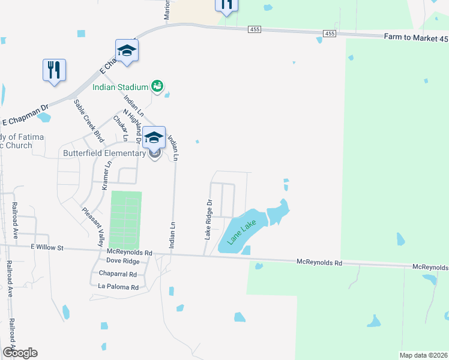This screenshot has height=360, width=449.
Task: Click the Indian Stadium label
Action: pyautogui.click(x=120, y=86)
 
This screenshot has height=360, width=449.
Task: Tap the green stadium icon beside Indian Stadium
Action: pyautogui.click(x=157, y=86)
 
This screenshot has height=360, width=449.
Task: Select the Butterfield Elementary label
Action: pyautogui.click(x=104, y=153)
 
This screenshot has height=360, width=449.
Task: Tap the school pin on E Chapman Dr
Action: pyautogui.click(x=127, y=51)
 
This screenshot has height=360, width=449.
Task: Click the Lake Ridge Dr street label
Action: pyautogui.click(x=209, y=220)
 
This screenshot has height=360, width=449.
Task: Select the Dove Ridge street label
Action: pyautogui.click(x=122, y=262)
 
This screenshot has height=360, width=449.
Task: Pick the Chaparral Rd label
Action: pyautogui.click(x=118, y=274)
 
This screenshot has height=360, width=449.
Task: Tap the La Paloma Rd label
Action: pyautogui.click(x=118, y=287)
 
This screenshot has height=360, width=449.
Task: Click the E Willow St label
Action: pyautogui.click(x=47, y=246)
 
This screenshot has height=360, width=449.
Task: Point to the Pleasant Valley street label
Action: pyautogui.click(x=93, y=227)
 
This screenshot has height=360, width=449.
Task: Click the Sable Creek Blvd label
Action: pyautogui.click(x=85, y=116)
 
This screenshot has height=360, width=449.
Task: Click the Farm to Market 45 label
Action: pyautogui.click(x=416, y=38)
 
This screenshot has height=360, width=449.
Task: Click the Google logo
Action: pyautogui.click(x=20, y=353)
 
